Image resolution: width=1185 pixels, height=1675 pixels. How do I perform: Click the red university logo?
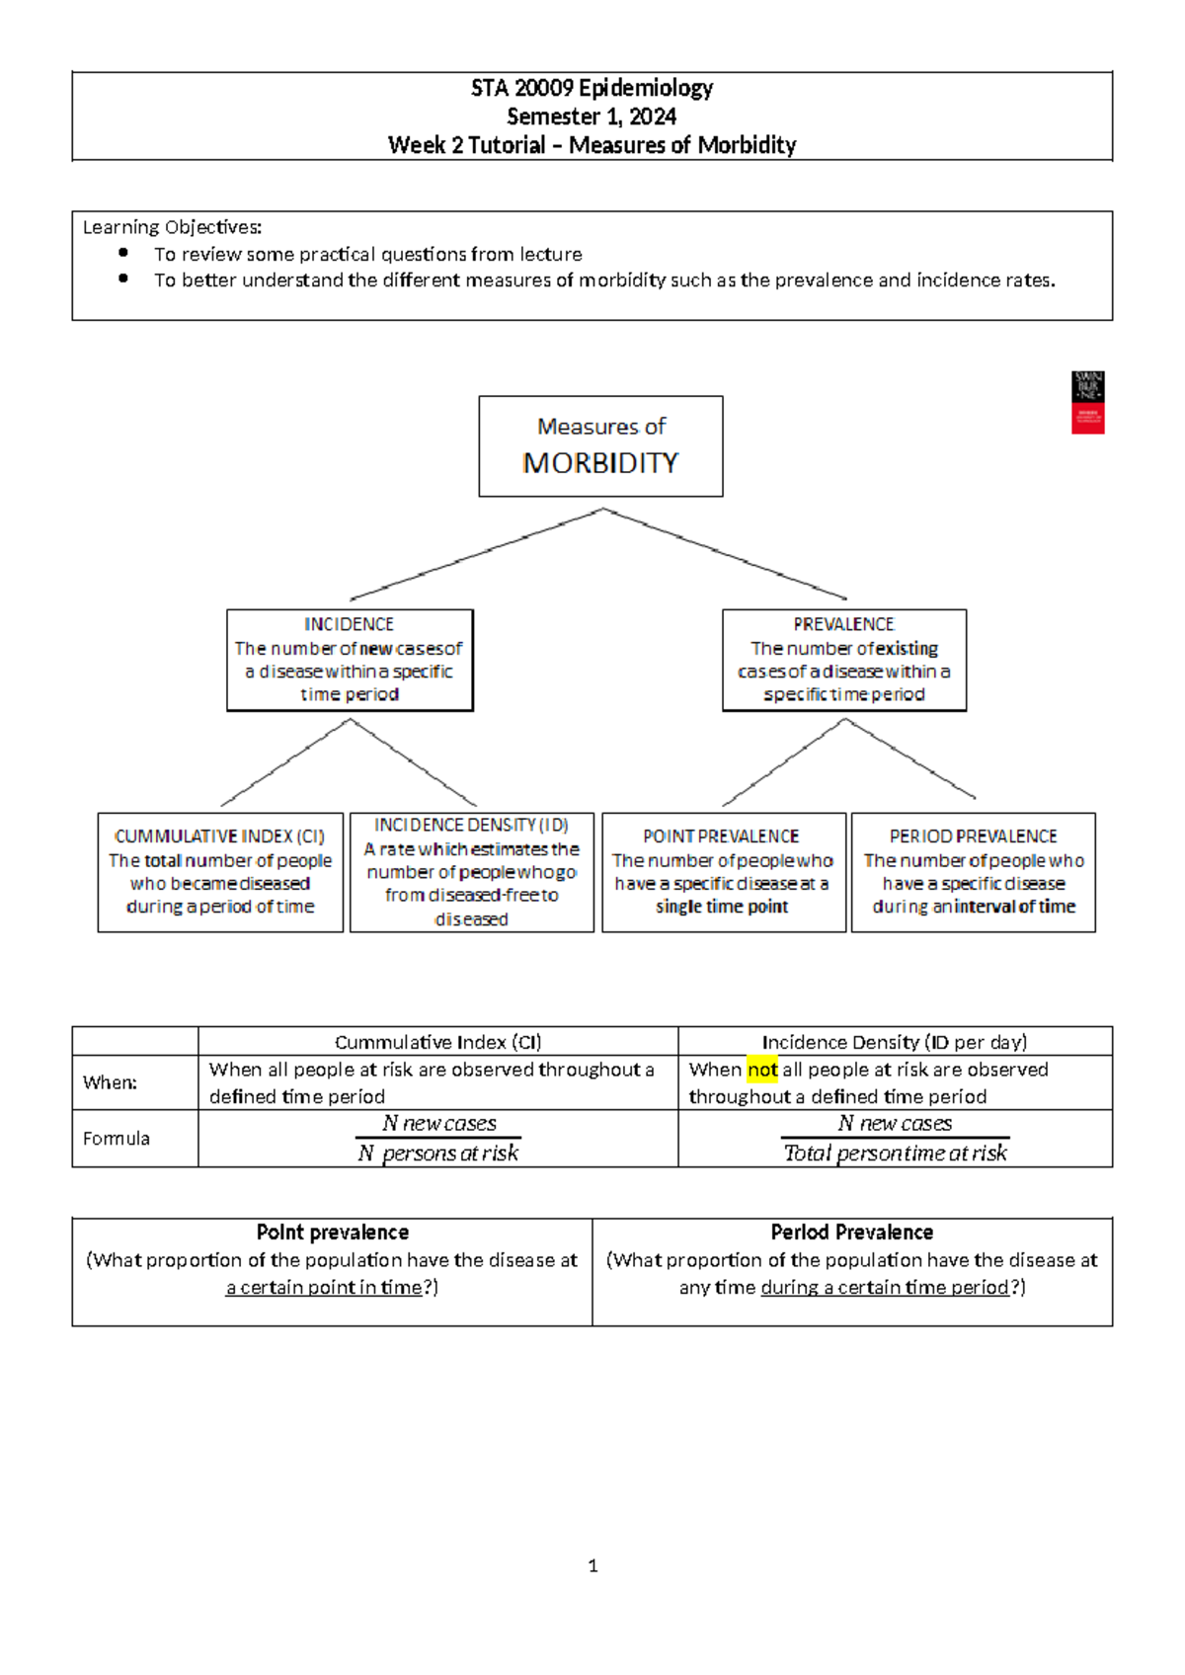pos(1087,403)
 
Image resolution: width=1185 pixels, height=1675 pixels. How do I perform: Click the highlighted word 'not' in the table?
pos(762,1070)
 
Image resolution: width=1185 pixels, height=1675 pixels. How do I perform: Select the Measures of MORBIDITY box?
pos(600,446)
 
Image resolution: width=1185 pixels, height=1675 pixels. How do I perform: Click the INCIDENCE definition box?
pos(350,660)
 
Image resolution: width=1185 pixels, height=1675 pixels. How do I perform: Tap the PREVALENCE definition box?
pos(844,660)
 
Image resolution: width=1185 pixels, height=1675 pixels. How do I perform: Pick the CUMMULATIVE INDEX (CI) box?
pos(220,872)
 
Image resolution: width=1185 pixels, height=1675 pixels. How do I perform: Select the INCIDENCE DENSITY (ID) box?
pos(472,872)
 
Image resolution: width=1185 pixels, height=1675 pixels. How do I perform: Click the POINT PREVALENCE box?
pos(723,872)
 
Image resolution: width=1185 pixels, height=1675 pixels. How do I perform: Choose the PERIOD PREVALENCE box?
pos(973,872)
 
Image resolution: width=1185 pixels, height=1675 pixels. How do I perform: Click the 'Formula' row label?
pos(117,1139)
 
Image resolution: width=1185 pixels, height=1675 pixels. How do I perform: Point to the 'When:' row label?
pos(110,1082)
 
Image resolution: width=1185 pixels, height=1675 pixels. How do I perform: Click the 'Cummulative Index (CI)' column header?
pos(437,1042)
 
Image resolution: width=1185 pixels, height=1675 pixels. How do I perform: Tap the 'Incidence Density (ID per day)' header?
pos(894,1042)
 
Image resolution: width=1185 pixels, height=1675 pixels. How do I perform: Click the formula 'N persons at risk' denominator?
pos(437,1154)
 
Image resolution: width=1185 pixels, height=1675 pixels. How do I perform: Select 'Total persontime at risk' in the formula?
pos(895,1154)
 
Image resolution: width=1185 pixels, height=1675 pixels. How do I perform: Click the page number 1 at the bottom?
pos(592,1565)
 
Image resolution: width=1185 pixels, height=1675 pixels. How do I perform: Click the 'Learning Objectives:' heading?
pos(172,227)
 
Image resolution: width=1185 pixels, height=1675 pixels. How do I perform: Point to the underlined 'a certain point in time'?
pos(324,1288)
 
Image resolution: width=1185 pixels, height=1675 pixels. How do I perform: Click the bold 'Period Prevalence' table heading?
pos(851,1233)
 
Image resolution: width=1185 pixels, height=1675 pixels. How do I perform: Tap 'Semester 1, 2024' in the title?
pos(592,117)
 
